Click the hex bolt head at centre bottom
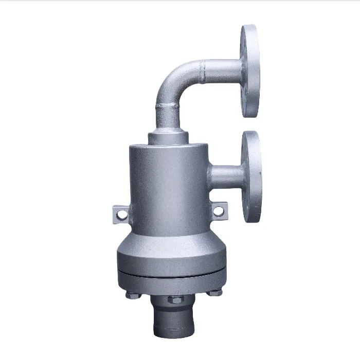point(173,299)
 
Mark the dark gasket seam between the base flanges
point(170,274)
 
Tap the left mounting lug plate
point(119,213)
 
